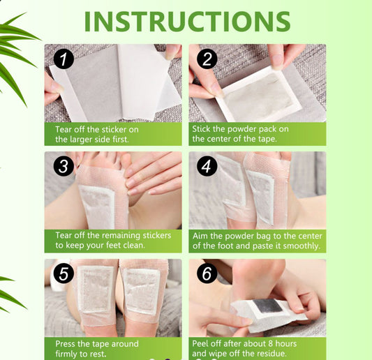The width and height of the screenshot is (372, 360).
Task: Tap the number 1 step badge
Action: click(64, 59)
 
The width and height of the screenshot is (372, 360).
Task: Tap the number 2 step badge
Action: click(207, 59)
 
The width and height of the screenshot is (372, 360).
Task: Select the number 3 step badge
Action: click(64, 167)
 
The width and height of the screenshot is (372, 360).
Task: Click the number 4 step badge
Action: click(207, 167)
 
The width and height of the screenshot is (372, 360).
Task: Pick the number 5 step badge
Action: click(64, 274)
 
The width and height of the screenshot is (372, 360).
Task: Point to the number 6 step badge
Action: click(207, 274)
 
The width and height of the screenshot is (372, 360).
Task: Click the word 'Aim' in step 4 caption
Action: click(201, 235)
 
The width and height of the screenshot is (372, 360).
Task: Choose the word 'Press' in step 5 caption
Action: click(68, 343)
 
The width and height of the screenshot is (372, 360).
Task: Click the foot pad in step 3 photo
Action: click(97, 205)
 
